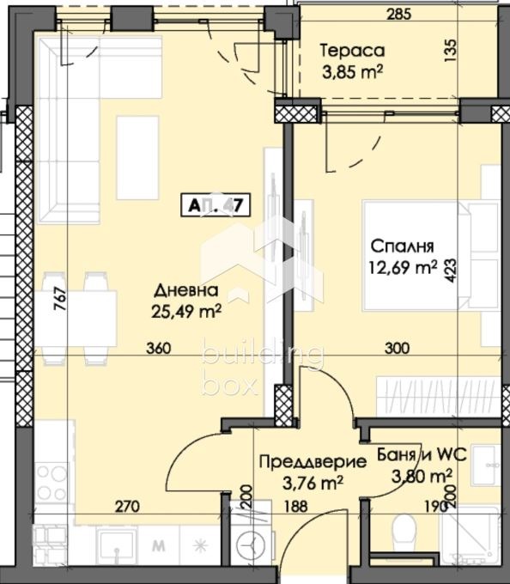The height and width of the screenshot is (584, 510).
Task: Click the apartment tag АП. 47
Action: coord(216,205)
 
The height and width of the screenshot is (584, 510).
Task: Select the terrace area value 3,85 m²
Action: coord(350,71)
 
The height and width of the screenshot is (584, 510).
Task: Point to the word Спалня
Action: coord(399,243)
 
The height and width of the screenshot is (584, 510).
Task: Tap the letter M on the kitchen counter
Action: coord(157,544)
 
